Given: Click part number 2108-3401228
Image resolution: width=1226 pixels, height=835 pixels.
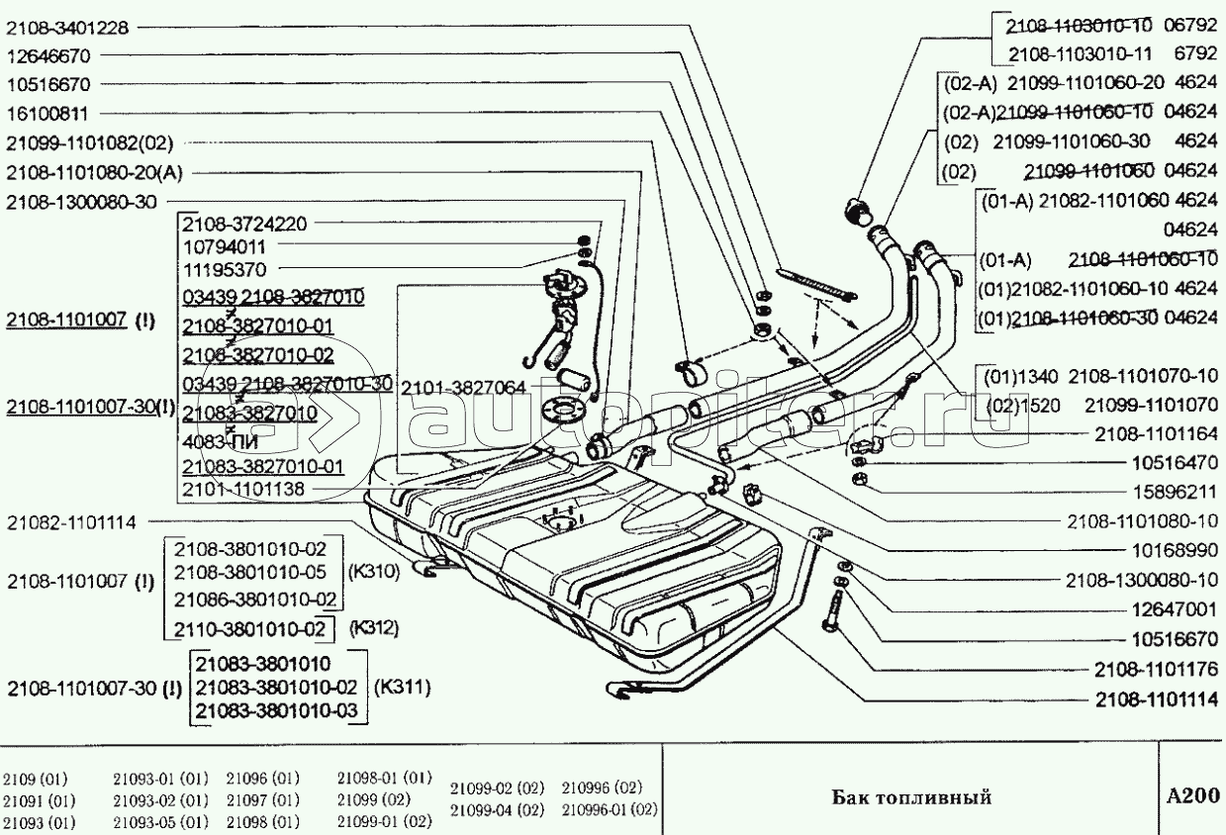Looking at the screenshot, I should (x=67, y=28).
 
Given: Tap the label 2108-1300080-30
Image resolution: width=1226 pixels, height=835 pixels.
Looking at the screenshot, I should (x=81, y=201).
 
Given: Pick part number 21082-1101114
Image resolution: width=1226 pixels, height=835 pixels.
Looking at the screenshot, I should (x=71, y=521).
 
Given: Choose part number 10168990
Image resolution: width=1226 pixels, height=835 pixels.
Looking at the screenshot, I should (x=1174, y=548).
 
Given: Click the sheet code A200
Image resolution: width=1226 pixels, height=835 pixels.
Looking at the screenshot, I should (x=1192, y=795).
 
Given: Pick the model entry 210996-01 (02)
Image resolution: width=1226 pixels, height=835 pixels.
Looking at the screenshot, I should (x=609, y=810).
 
